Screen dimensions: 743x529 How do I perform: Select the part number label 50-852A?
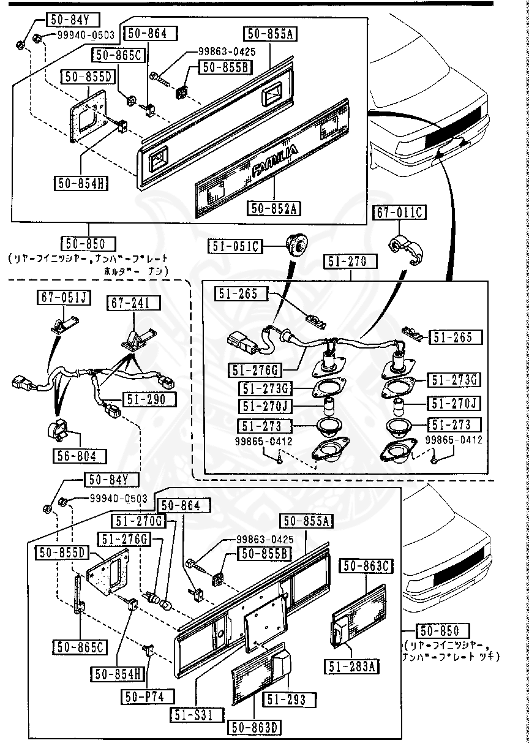[274, 208]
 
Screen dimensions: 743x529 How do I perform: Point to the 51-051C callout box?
[236, 247]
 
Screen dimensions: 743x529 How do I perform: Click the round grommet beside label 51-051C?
[297, 244]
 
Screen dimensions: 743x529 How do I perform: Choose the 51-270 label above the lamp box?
[345, 262]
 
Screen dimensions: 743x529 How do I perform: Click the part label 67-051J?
[64, 298]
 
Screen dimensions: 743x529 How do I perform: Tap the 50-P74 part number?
[148, 696]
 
